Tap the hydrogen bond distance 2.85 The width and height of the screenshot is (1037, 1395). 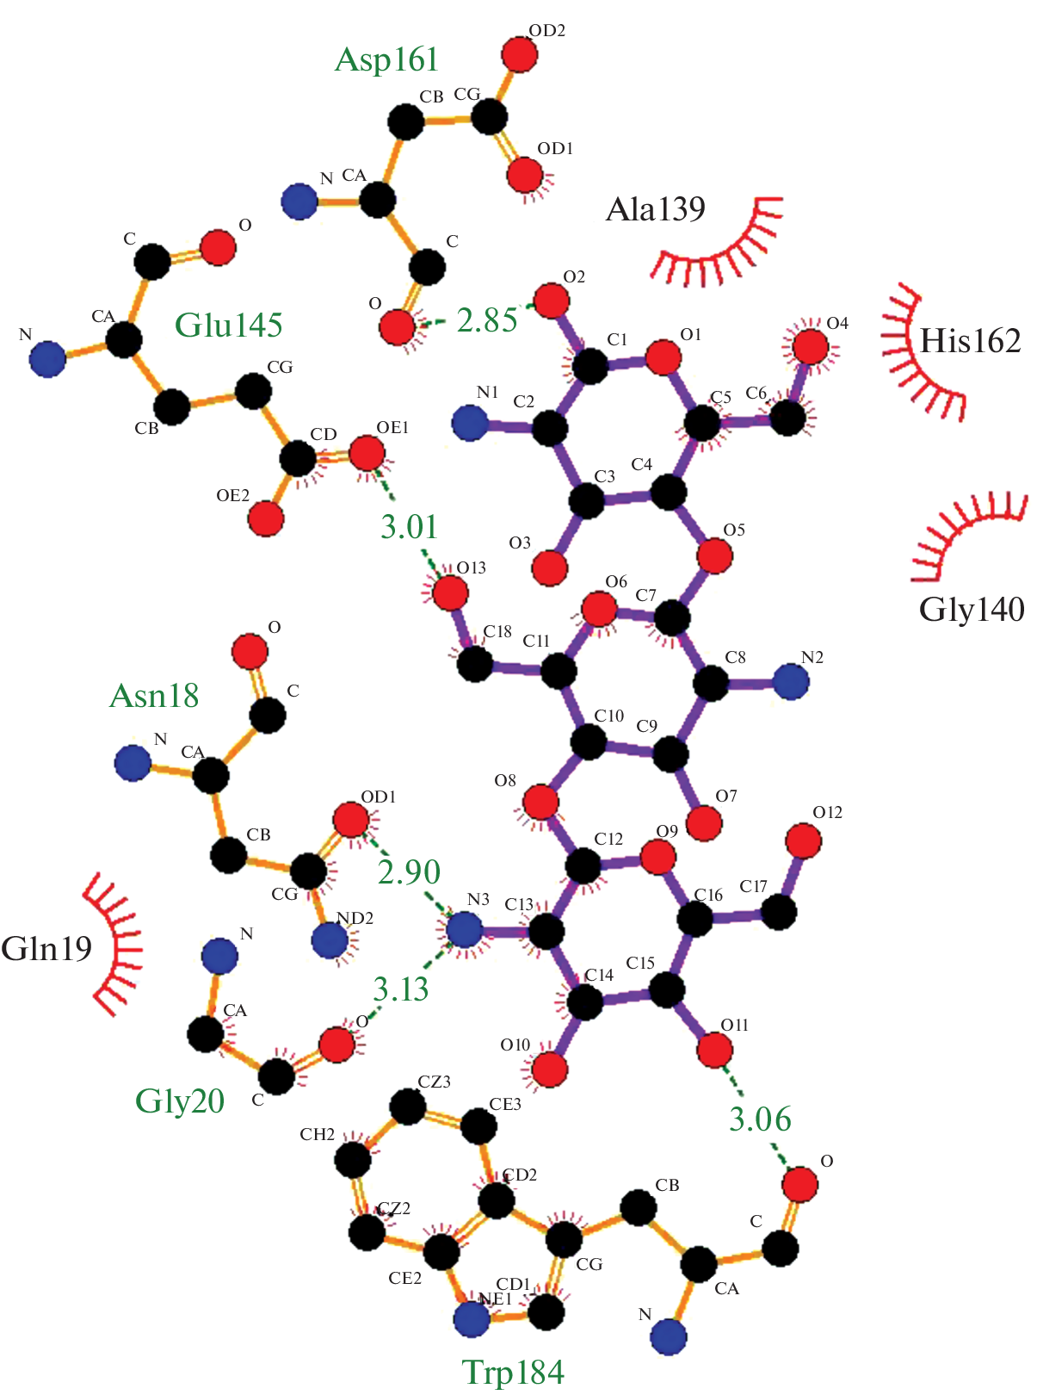486,320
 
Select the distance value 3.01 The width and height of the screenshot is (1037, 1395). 409,526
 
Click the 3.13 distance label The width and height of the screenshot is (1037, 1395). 400,989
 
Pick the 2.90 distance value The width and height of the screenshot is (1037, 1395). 409,871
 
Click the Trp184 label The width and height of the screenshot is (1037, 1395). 513,1372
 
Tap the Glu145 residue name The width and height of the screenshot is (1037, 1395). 228,325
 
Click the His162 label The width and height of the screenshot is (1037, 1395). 970,342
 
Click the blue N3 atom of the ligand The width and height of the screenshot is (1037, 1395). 464,930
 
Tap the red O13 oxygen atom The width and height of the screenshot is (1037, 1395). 450,592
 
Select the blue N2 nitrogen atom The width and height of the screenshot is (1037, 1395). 791,682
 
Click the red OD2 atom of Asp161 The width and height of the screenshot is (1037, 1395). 519,55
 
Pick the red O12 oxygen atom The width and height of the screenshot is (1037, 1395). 803,840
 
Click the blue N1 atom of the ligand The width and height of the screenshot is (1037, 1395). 470,423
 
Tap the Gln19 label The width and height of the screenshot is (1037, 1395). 46,949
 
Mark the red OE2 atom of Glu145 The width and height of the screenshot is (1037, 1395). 266,519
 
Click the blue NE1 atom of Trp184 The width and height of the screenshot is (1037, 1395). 472,1319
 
